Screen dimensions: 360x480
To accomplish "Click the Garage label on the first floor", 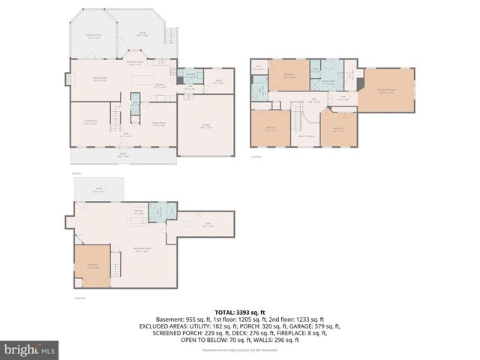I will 205,126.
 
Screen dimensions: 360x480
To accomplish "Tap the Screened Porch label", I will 93,35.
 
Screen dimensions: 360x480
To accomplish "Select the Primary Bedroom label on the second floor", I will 386,91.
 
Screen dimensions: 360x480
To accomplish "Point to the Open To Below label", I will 306,136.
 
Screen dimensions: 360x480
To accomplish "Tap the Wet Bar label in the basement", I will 139,212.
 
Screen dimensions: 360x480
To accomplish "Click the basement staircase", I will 115,265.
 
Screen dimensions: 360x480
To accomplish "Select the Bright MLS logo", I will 30,349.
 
